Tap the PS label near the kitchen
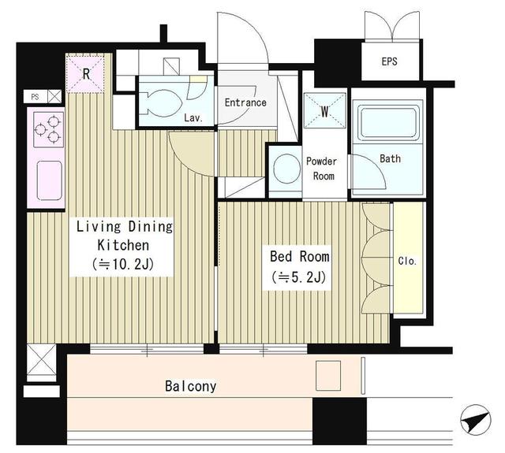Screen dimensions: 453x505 (x=35, y=97)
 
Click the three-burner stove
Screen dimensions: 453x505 (x=47, y=129)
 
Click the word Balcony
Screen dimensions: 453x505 (x=190, y=387)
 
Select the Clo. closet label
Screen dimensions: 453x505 (x=407, y=261)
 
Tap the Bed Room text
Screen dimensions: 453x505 (x=300, y=257)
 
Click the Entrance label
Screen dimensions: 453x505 (x=245, y=102)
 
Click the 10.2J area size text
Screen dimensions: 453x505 (x=122, y=264)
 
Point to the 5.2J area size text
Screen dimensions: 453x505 (x=300, y=277)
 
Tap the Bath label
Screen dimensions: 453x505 (x=390, y=158)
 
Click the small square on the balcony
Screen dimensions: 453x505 (x=327, y=375)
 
